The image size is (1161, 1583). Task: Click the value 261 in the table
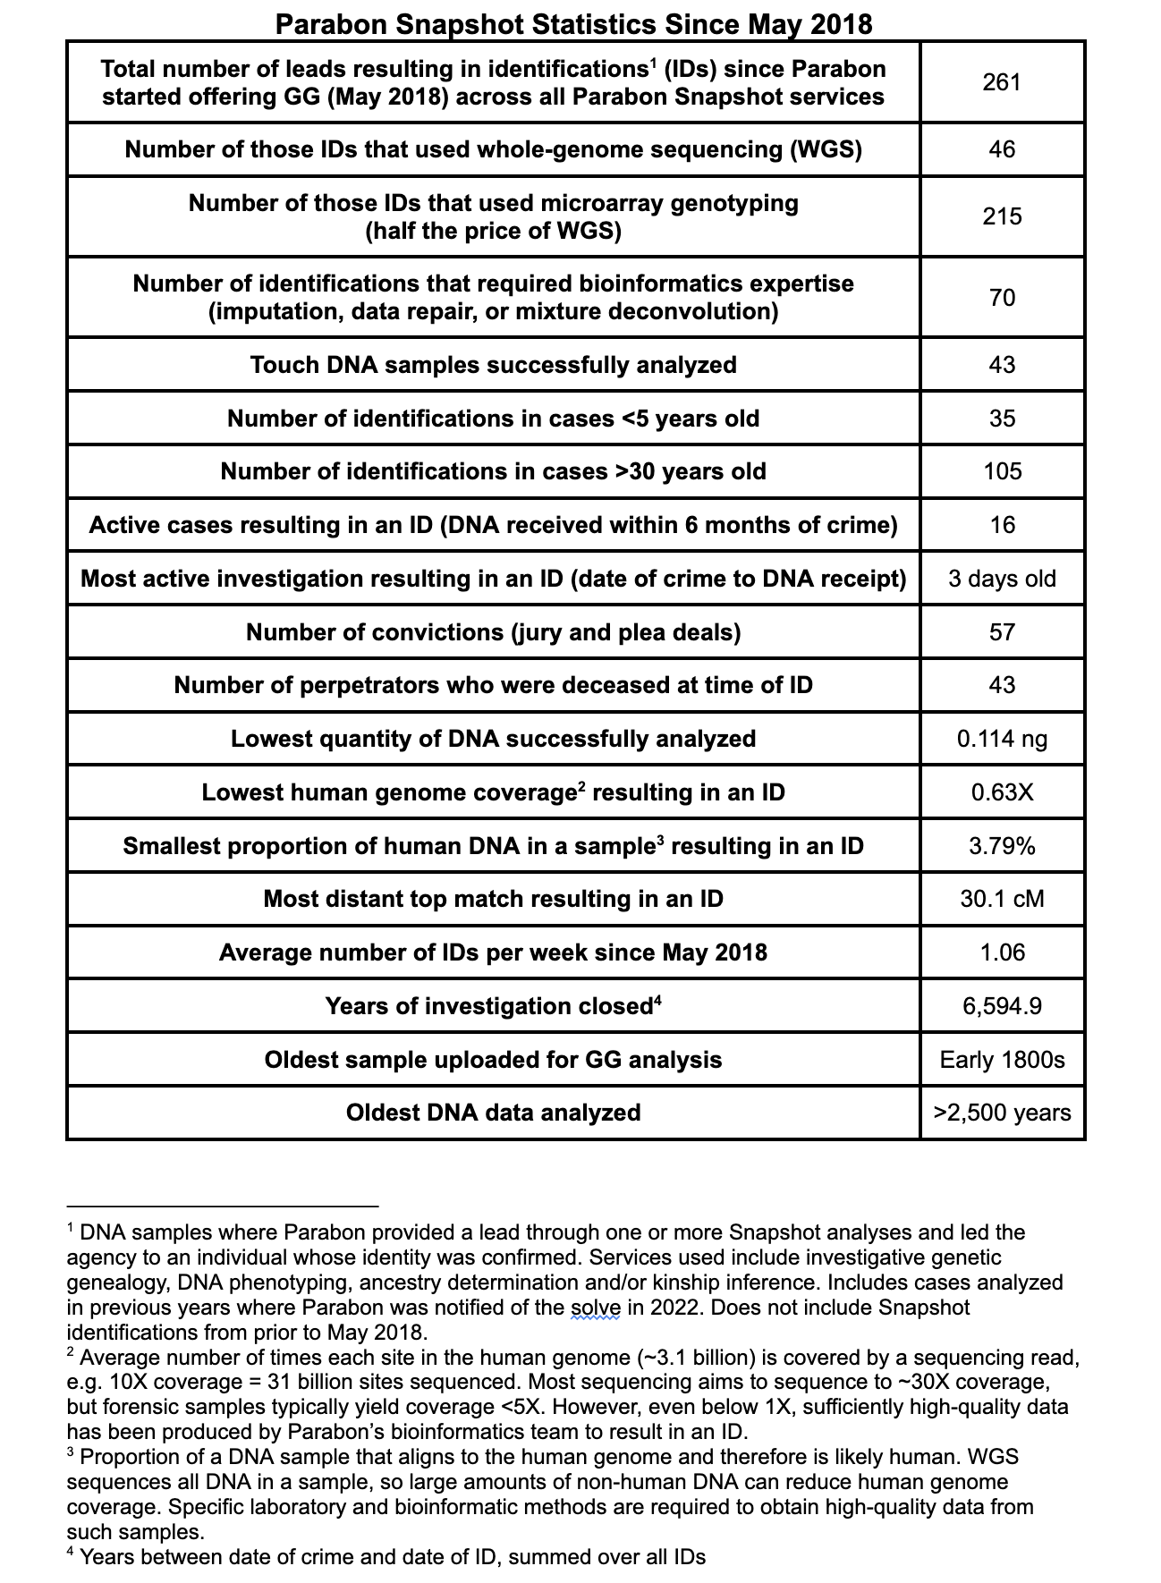(1002, 82)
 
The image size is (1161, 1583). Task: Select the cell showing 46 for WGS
(1002, 149)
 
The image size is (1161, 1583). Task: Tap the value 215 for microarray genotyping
(1002, 216)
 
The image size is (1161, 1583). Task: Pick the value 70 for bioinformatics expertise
(1002, 297)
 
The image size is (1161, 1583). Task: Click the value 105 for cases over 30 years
(1002, 471)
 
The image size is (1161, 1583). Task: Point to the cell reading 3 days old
(1002, 579)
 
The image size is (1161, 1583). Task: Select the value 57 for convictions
(1002, 632)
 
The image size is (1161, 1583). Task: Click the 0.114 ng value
(1002, 739)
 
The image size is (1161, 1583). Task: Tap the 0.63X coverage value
(1002, 792)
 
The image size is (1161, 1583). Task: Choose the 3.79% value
(1002, 846)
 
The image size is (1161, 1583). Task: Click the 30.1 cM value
(1002, 899)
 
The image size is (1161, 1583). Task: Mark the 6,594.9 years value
(1002, 1006)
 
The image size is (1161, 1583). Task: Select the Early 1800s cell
(1002, 1060)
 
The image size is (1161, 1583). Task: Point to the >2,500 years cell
(1002, 1113)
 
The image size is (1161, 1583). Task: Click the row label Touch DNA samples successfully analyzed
(494, 365)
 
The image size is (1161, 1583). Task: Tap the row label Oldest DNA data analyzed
(494, 1113)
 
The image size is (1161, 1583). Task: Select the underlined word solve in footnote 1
(595, 1308)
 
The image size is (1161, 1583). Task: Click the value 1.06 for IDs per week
(1002, 952)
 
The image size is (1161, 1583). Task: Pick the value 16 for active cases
(1002, 525)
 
